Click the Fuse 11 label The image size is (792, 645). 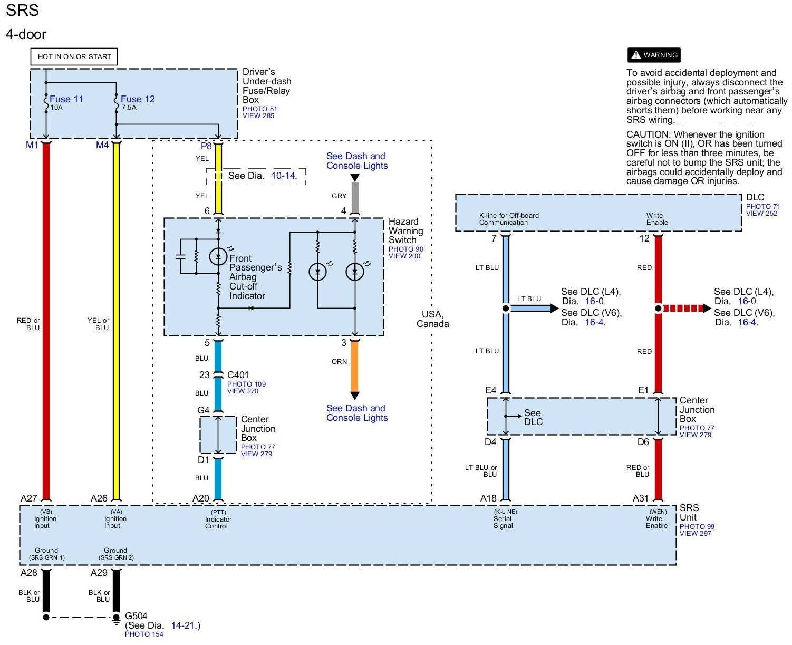66,99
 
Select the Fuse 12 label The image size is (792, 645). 138,99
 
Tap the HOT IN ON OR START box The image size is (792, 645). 74,56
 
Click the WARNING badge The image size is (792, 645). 654,55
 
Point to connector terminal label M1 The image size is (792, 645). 32,145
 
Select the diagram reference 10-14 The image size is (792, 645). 284,176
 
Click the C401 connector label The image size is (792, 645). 238,375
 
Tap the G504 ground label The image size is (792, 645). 136,616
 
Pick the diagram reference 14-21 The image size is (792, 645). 183,625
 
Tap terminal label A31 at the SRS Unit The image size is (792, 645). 641,498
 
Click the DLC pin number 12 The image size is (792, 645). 644,238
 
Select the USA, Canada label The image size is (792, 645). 432,319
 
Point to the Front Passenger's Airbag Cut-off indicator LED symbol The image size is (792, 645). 218,256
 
